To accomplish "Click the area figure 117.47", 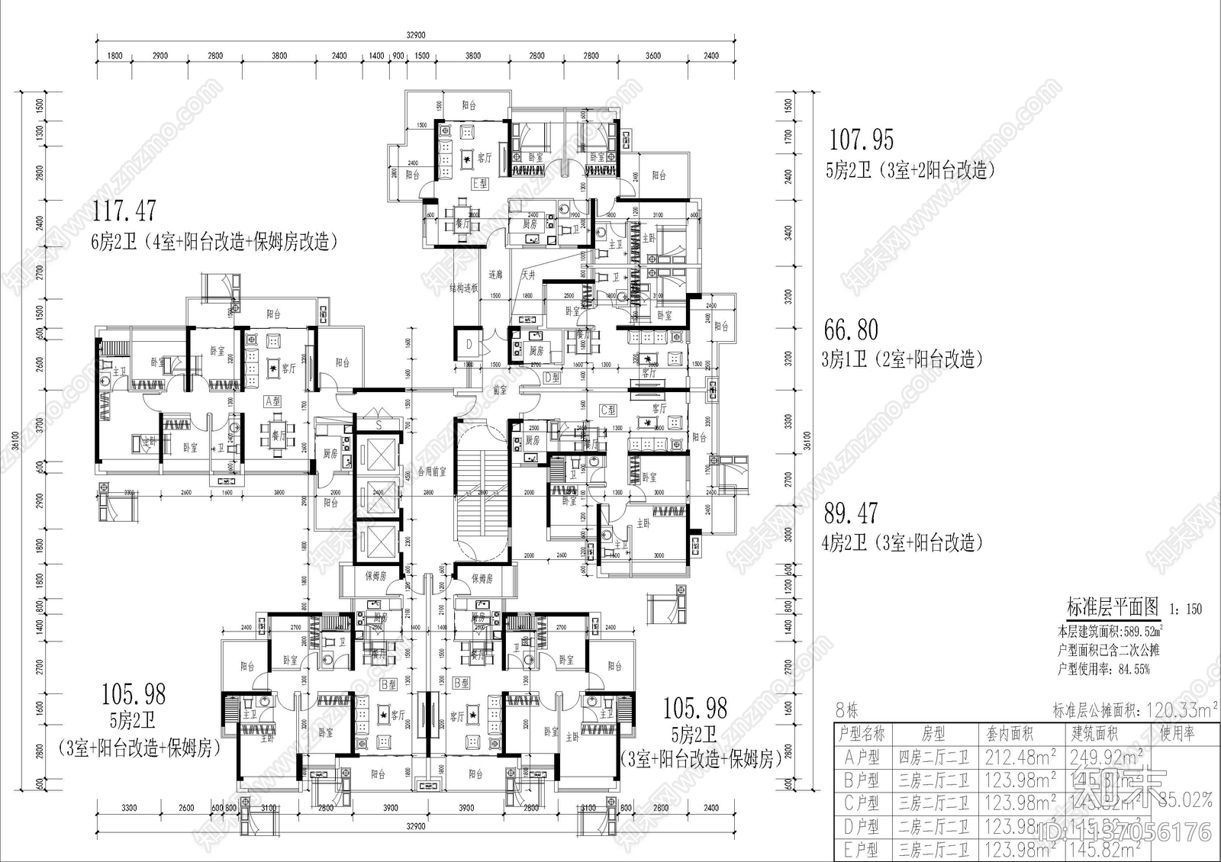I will pyautogui.click(x=124, y=210).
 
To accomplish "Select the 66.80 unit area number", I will pyautogui.click(x=851, y=330).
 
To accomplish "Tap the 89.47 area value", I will pyautogui.click(x=850, y=513).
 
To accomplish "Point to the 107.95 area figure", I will pyautogui.click(x=861, y=140).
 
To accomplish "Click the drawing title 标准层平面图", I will pyautogui.click(x=1112, y=607).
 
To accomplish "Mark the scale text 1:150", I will pyautogui.click(x=1185, y=609).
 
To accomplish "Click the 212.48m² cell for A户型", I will pyautogui.click(x=1020, y=757).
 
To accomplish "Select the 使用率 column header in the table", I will pyautogui.click(x=1178, y=733).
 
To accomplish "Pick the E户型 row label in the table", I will pyautogui.click(x=862, y=849).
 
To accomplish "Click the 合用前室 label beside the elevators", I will pyautogui.click(x=432, y=472).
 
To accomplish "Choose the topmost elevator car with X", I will pyautogui.click(x=378, y=455).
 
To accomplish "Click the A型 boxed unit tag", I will pyautogui.click(x=272, y=400).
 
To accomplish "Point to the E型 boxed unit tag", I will pyautogui.click(x=480, y=184).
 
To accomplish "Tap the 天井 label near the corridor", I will pyautogui.click(x=528, y=275).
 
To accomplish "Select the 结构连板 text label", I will pyautogui.click(x=463, y=288).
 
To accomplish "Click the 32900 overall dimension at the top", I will pyautogui.click(x=415, y=34).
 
